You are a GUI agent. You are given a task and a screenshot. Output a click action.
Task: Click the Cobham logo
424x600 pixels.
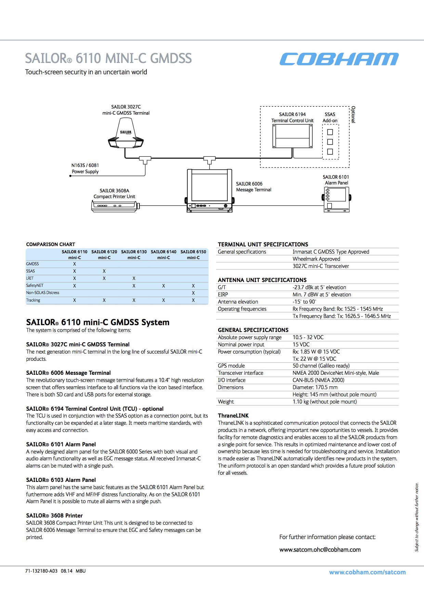339,59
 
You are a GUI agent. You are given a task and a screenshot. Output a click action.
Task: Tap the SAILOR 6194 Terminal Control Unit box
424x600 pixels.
292,136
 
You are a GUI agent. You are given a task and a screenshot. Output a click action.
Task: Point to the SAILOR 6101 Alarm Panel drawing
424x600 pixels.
336,199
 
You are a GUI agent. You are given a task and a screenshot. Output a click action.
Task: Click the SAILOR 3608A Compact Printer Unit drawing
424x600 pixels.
115,206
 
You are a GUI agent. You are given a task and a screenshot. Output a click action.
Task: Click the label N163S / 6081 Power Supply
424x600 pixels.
85,168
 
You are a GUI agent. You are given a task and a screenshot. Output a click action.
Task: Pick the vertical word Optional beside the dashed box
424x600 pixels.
353,115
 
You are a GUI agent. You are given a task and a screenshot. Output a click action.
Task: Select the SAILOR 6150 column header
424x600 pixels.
193,254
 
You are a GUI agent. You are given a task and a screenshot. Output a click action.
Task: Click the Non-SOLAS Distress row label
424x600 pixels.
43,293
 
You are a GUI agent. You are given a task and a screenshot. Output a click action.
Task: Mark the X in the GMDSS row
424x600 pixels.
75,264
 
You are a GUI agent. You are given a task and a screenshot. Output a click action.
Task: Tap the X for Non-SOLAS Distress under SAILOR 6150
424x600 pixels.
193,293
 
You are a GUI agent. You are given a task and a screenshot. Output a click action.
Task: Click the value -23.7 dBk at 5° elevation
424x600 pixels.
319,288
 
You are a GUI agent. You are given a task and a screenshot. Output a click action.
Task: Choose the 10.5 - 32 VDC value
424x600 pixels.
308,337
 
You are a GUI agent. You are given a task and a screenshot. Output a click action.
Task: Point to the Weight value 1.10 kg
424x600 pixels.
324,402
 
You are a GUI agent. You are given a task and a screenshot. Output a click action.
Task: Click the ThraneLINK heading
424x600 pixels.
233,416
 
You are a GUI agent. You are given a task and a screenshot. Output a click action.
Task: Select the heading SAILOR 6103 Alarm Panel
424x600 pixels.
61,480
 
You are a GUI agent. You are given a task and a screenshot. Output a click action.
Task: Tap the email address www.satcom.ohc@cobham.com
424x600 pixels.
320,550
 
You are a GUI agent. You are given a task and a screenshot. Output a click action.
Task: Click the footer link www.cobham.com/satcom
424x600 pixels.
367,572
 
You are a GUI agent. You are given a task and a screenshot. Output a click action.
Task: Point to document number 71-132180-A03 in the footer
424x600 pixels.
41,571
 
